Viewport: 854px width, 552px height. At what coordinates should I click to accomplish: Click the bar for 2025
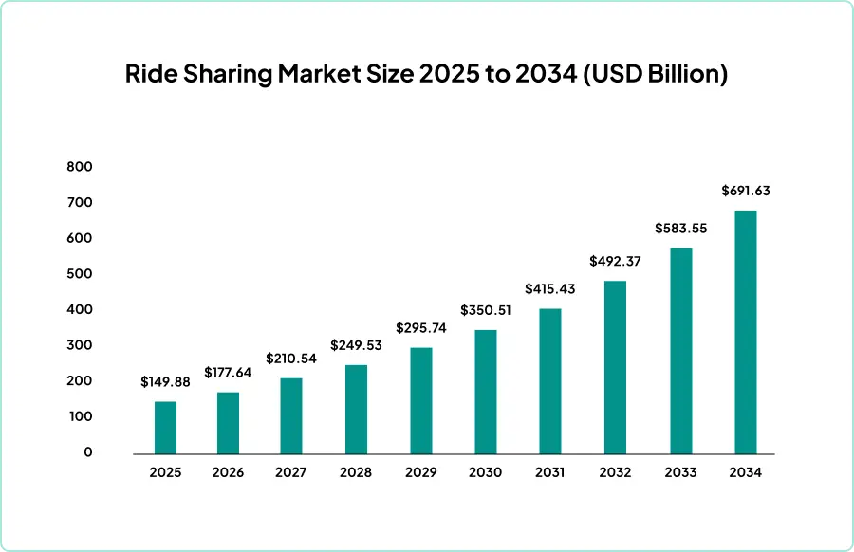[165, 427]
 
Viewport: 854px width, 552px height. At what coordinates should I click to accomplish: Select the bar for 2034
[746, 331]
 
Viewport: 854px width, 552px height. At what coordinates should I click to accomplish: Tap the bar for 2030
[485, 391]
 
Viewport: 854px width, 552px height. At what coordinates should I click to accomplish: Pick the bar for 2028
[356, 409]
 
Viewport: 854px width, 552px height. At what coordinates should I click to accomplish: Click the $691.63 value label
[746, 191]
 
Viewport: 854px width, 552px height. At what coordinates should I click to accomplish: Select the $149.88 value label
[165, 382]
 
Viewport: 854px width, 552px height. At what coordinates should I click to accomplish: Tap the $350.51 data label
[485, 310]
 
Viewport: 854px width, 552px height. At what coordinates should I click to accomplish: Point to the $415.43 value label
[550, 287]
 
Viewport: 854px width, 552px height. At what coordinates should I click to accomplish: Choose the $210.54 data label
[291, 359]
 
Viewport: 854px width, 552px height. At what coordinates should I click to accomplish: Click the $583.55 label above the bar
[680, 229]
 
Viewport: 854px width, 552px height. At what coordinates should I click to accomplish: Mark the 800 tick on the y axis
[80, 167]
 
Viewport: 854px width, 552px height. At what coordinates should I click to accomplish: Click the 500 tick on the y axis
[80, 274]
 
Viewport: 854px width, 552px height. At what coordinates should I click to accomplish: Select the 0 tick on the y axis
[88, 452]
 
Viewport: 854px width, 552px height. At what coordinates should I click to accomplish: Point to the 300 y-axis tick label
[80, 345]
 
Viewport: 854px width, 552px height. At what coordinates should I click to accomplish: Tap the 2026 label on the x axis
[228, 471]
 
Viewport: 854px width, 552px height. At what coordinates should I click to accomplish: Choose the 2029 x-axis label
[420, 471]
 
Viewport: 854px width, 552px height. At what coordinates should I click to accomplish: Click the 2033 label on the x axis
[680, 471]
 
